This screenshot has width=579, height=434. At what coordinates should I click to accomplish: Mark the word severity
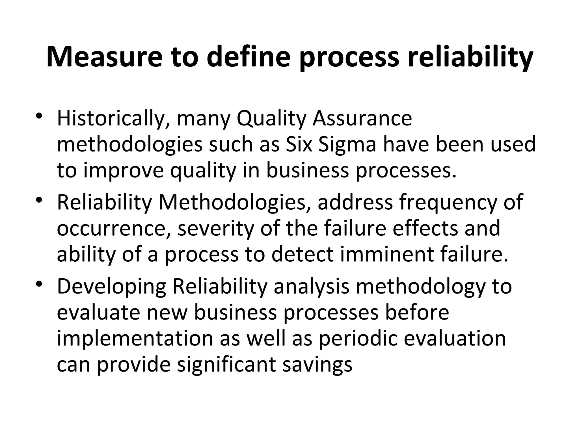(x=216, y=228)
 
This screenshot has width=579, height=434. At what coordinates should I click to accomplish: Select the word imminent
(x=387, y=254)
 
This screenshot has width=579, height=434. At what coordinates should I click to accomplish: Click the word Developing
(x=111, y=286)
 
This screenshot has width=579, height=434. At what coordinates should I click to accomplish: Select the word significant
(x=226, y=364)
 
